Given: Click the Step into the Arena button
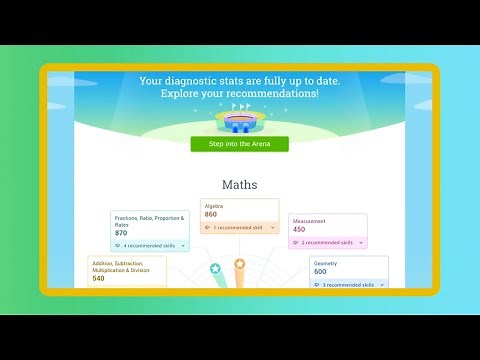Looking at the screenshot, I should pos(240,144).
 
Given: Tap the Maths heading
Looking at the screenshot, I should pos(240,185).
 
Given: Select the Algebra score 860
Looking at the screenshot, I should pos(211,214).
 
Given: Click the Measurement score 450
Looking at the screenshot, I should pos(299,229).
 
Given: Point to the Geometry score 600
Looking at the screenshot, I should pos(320,271).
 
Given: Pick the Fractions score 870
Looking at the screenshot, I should pos(121,233).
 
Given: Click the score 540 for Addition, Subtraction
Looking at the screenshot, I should pos(99,278).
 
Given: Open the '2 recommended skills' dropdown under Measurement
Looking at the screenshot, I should pos(328,242).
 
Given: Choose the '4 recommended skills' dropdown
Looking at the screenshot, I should pos(150,245).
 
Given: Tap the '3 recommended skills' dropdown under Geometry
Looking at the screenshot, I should pos(348,285).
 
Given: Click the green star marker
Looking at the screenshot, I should pos(215,268).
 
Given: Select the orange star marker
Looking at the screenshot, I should pos(240,264).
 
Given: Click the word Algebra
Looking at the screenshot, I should pos(214,205).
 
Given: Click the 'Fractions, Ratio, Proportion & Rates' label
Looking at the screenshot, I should pos(148,221).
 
